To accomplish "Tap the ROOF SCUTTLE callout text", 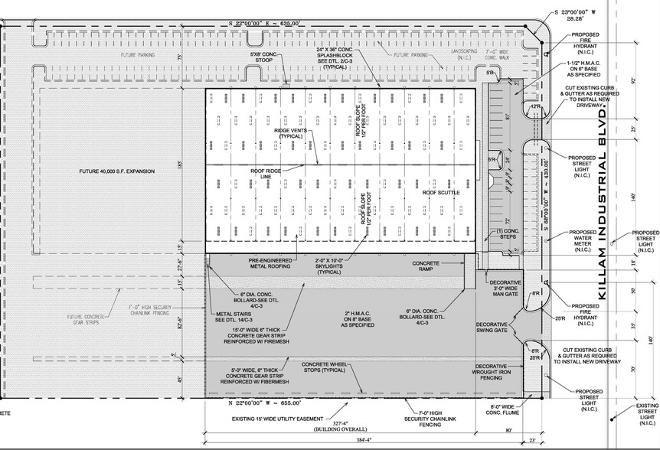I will (x=441, y=193).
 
